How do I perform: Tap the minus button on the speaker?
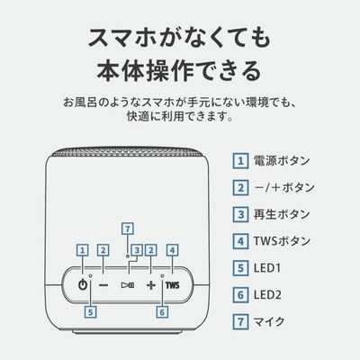pyautogui.click(x=103, y=285)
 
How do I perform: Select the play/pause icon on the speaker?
pyautogui.click(x=128, y=285)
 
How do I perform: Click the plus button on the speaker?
pyautogui.click(x=151, y=285)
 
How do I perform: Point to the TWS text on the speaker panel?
pyautogui.click(x=173, y=285)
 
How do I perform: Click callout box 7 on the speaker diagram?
pyautogui.click(x=128, y=229)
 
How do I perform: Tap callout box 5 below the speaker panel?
pyautogui.click(x=90, y=312)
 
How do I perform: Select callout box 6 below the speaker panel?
pyautogui.click(x=162, y=312)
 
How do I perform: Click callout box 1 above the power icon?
pyautogui.click(x=83, y=250)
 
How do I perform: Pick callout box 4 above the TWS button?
pyautogui.click(x=172, y=250)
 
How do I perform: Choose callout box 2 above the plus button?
pyautogui.click(x=151, y=250)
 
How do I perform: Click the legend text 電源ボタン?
pyautogui.click(x=282, y=161)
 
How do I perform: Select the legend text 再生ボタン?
pyautogui.click(x=282, y=214)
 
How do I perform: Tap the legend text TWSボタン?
pyautogui.click(x=282, y=241)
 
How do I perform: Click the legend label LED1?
pyautogui.click(x=267, y=268)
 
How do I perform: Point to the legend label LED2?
pyautogui.click(x=267, y=295)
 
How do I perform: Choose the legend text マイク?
pyautogui.click(x=269, y=321)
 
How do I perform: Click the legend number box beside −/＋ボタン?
pyautogui.click(x=240, y=188)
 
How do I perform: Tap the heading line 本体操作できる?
pyautogui.click(x=179, y=71)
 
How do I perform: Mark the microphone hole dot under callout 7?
pyautogui.click(x=128, y=256)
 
